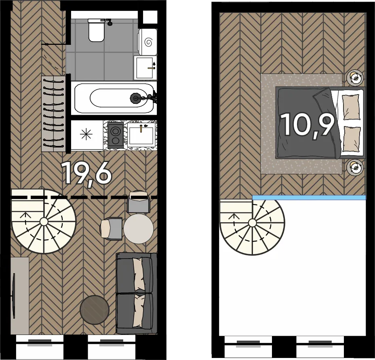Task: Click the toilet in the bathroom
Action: pyautogui.click(x=97, y=30)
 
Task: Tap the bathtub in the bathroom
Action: pyautogui.click(x=114, y=98)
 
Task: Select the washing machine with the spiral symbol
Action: pyautogui.click(x=147, y=42)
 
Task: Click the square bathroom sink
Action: pyautogui.click(x=145, y=68)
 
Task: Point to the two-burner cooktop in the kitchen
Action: pyautogui.click(x=116, y=135)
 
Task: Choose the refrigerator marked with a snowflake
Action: pyautogui.click(x=87, y=135)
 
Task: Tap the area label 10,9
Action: pyautogui.click(x=308, y=125)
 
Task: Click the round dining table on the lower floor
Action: pyautogui.click(x=139, y=229)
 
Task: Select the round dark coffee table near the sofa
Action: pyautogui.click(x=95, y=310)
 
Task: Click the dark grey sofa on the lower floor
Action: pyautogui.click(x=136, y=293)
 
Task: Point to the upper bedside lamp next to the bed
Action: pyautogui.click(x=355, y=77)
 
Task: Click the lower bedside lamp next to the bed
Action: pyautogui.click(x=355, y=167)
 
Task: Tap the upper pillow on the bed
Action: pyautogui.click(x=351, y=107)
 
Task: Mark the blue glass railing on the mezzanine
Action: pyautogui.click(x=309, y=197)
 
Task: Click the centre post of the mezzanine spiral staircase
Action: pyautogui.click(x=252, y=223)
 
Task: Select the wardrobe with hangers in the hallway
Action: pyautogui.click(x=53, y=114)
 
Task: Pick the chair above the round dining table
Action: pyautogui.click(x=139, y=202)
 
